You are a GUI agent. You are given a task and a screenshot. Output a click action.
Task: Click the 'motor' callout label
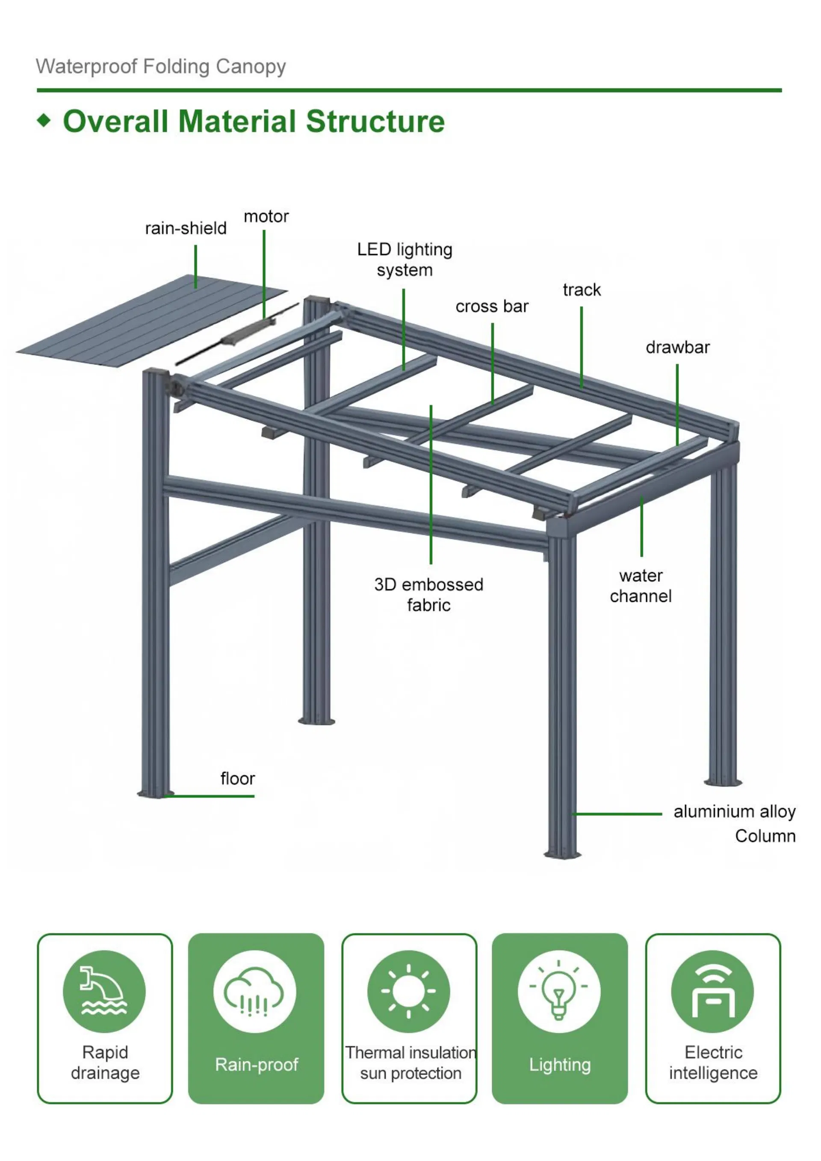tap(266, 216)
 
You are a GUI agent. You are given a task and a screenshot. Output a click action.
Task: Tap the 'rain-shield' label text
tap(186, 228)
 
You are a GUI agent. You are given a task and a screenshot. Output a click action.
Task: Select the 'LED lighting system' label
tap(405, 260)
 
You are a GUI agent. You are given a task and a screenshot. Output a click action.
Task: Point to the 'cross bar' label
tap(491, 307)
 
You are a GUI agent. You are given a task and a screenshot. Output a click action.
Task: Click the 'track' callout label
tap(582, 290)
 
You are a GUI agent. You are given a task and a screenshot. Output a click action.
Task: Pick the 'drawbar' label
tap(677, 347)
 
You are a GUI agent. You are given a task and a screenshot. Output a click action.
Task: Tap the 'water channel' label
tap(641, 585)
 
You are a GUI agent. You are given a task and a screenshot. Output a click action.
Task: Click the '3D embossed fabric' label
tap(429, 595)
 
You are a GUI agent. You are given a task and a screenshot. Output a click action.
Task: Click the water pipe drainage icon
tap(104, 991)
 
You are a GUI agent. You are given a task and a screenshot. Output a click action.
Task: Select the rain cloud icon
tap(254, 991)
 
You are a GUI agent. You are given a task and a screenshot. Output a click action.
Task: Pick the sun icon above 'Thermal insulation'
tap(408, 991)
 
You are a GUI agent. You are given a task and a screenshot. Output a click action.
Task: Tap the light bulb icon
tap(558, 991)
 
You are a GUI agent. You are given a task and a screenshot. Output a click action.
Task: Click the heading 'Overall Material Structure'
tap(253, 122)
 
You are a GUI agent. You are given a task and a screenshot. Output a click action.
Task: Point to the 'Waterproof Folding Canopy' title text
tap(161, 67)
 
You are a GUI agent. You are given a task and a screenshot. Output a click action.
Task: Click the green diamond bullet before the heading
tap(44, 120)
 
